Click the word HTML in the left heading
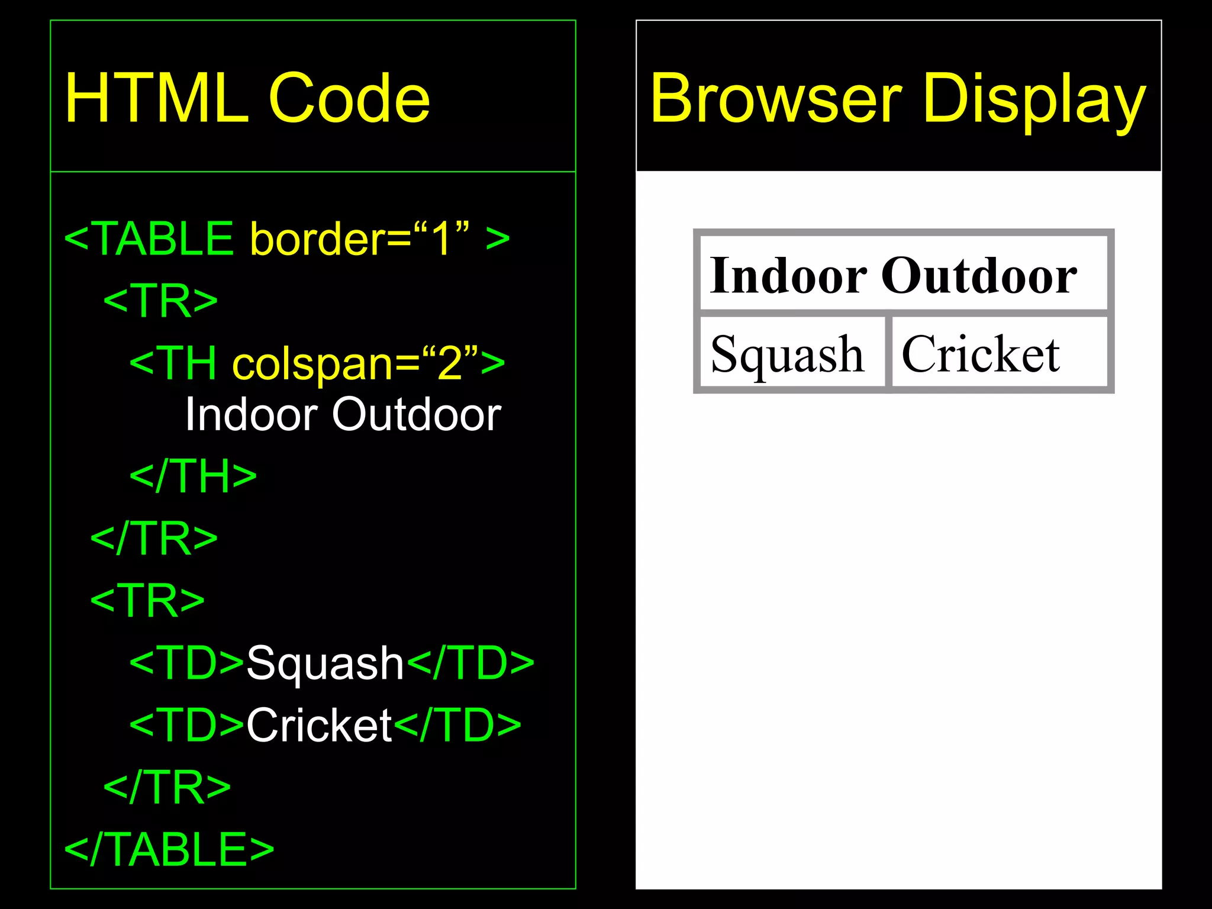click(x=156, y=98)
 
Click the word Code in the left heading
click(x=349, y=98)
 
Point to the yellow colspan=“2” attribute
click(x=355, y=363)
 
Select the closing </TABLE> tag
click(x=169, y=849)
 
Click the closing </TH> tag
click(x=193, y=476)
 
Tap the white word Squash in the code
click(x=325, y=663)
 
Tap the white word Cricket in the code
click(x=319, y=725)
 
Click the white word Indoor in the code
click(x=252, y=414)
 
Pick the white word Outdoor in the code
click(x=417, y=414)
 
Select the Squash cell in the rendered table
click(x=788, y=353)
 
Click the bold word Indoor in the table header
click(x=788, y=275)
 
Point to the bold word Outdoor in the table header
click(x=979, y=275)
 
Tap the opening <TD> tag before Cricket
click(x=187, y=725)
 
